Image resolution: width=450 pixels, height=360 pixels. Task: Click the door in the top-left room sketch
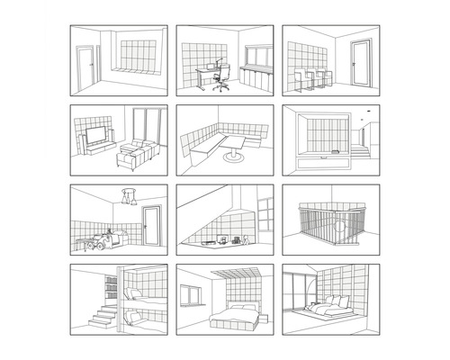coord(87,67)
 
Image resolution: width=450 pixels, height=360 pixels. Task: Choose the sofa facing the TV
coord(135,154)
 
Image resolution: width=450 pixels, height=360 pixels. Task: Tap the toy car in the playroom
coord(111,238)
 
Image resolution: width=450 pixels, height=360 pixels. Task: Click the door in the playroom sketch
coord(152,225)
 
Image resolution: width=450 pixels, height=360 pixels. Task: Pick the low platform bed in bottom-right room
coord(331,310)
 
